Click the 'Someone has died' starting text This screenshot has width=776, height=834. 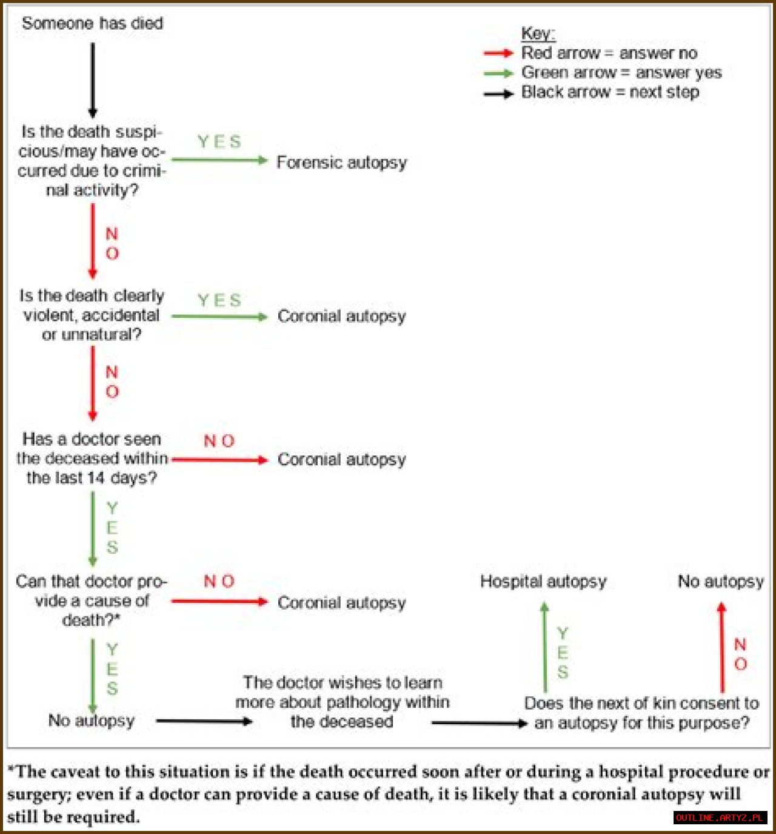pyautogui.click(x=92, y=24)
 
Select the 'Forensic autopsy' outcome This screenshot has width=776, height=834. pyautogui.click(x=341, y=163)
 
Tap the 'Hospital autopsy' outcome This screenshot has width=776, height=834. pyautogui.click(x=543, y=582)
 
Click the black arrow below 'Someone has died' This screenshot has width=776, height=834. pyautogui.click(x=93, y=79)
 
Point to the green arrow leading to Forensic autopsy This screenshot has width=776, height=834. pyautogui.click(x=219, y=160)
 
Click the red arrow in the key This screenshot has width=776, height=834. pyautogui.click(x=498, y=53)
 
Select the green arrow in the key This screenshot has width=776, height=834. pyautogui.click(x=498, y=73)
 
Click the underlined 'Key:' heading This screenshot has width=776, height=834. pyautogui.click(x=538, y=34)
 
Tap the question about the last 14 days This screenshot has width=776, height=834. pyautogui.click(x=92, y=459)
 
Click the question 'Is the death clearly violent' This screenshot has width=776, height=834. pyautogui.click(x=92, y=315)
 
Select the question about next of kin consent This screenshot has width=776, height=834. pyautogui.click(x=641, y=713)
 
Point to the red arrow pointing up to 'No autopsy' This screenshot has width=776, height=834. pyautogui.click(x=721, y=647)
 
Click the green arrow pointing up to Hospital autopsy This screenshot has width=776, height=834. pyautogui.click(x=544, y=647)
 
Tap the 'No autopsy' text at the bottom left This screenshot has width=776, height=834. pyautogui.click(x=91, y=721)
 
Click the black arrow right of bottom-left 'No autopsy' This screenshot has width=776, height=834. pyautogui.click(x=204, y=721)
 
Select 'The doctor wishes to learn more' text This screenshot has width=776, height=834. pyautogui.click(x=343, y=702)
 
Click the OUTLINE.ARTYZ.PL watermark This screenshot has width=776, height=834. pyautogui.click(x=720, y=818)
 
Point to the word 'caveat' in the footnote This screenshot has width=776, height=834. pyautogui.click(x=75, y=772)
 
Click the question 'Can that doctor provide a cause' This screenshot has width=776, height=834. pyautogui.click(x=92, y=600)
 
